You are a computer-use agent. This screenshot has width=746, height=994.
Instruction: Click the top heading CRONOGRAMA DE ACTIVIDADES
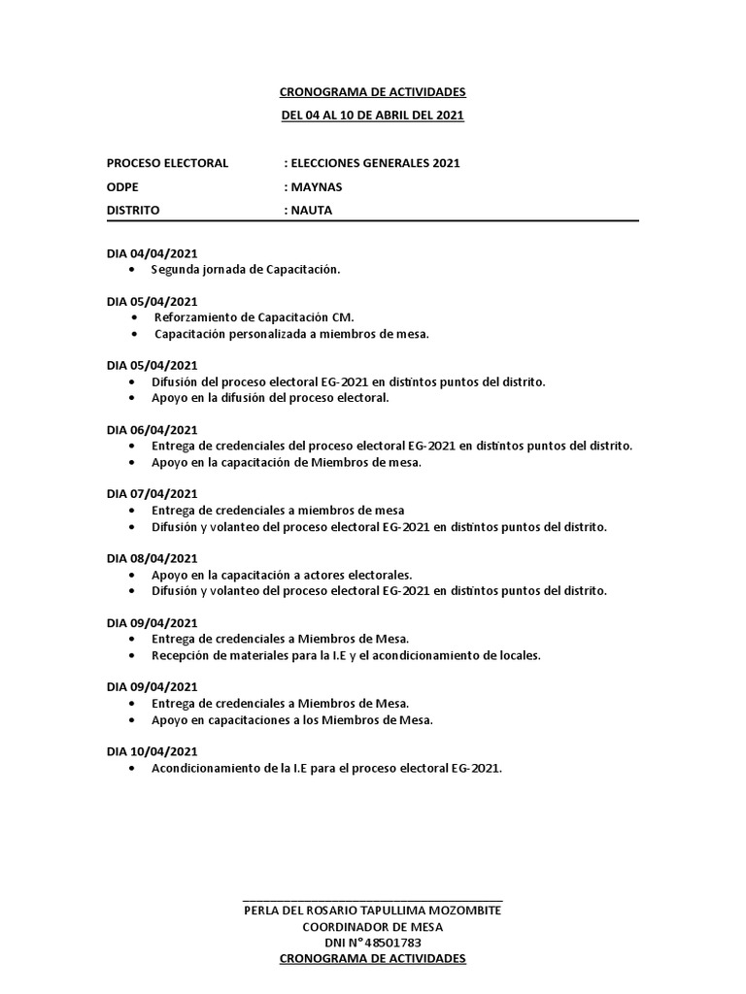(372, 92)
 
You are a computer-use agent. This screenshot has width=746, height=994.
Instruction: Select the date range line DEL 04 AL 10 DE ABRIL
(372, 116)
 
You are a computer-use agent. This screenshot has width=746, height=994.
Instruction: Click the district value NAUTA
(311, 209)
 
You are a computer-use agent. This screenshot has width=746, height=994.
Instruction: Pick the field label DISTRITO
(133, 209)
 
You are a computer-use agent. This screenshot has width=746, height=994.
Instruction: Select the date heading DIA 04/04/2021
(152, 253)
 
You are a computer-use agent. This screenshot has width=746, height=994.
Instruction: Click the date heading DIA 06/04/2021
(152, 430)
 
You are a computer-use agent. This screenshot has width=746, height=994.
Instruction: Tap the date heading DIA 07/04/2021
(152, 494)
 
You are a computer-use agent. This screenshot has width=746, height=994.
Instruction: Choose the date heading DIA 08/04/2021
(152, 558)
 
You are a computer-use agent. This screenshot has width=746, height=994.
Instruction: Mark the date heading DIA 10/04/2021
(152, 750)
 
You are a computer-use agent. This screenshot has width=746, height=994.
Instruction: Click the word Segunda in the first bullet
(174, 270)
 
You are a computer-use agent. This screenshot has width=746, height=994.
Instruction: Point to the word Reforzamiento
(196, 317)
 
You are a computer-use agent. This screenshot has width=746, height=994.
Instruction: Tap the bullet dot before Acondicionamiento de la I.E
(132, 768)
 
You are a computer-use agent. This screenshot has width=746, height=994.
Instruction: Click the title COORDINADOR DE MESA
(372, 926)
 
